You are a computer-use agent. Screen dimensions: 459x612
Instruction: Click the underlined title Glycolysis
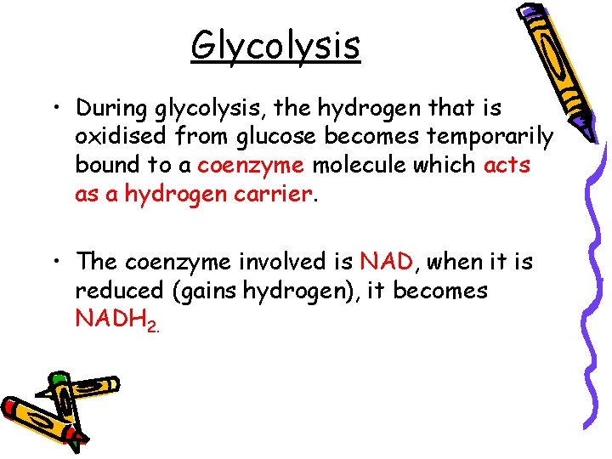[275, 45]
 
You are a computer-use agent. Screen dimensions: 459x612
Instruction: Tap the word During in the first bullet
[112, 109]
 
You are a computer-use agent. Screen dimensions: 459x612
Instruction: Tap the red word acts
[507, 166]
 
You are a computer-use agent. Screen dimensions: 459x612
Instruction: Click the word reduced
[120, 291]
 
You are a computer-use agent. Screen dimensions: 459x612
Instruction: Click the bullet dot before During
[55, 109]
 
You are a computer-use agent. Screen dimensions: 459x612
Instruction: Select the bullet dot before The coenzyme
[55, 262]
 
